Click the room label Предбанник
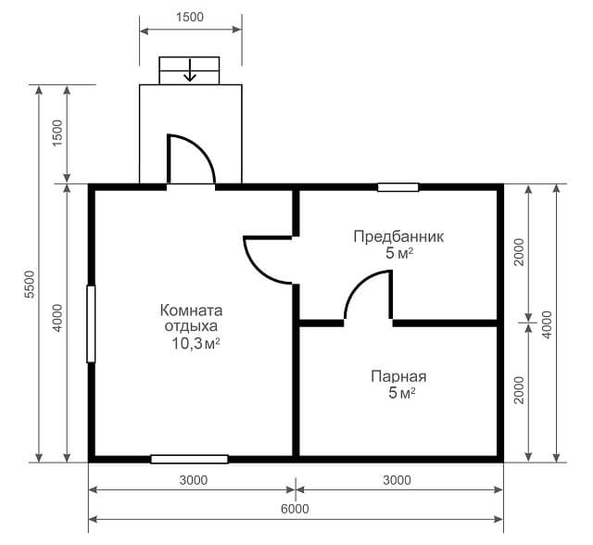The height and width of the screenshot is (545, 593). point(398,236)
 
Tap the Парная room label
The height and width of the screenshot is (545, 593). point(398,376)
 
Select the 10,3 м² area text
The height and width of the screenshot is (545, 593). point(196,344)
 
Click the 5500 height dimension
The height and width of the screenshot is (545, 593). point(30,284)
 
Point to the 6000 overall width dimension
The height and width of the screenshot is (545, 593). point(295,509)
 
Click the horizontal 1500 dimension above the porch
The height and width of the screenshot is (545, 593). point(190,17)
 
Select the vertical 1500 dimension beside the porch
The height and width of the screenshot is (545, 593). point(57,133)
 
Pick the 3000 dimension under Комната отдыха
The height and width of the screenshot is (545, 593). point(194,480)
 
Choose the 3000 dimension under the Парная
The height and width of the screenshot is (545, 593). point(397,480)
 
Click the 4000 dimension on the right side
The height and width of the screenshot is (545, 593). point(547,325)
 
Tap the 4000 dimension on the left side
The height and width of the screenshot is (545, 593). point(57,318)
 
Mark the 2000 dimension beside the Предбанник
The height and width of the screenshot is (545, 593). point(520,252)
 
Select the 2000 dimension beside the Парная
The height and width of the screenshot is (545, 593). point(520,390)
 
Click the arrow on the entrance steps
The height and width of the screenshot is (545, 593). point(189,70)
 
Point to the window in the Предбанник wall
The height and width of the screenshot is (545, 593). point(398,187)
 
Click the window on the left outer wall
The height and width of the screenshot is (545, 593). point(91,324)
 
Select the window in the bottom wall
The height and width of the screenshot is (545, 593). point(189,459)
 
